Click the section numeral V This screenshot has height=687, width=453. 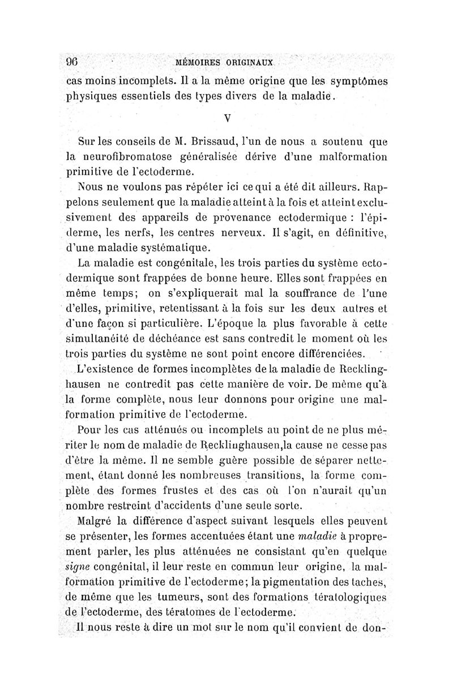coord(226,119)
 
